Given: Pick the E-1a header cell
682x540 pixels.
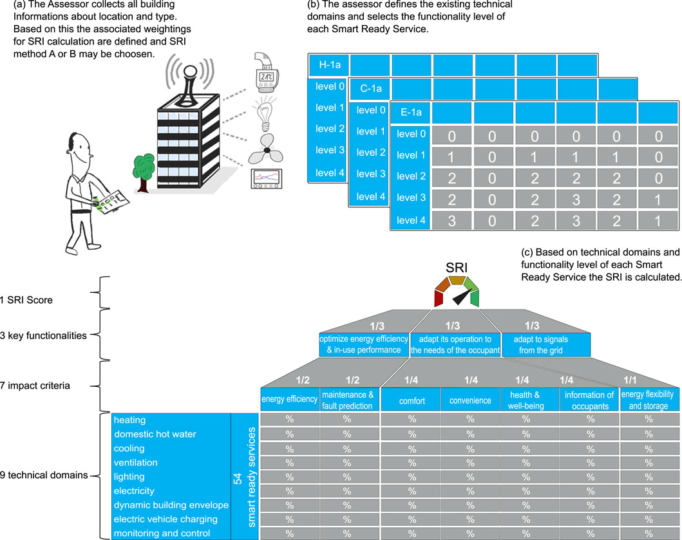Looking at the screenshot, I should [410, 113].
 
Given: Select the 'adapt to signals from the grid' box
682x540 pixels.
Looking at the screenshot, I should [541, 344].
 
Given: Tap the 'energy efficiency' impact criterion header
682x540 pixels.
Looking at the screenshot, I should [290, 399].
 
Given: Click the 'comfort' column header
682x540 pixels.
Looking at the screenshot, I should [412, 400].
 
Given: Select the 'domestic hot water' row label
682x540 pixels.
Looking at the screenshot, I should [155, 434].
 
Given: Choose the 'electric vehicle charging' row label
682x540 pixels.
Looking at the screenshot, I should [166, 519].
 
